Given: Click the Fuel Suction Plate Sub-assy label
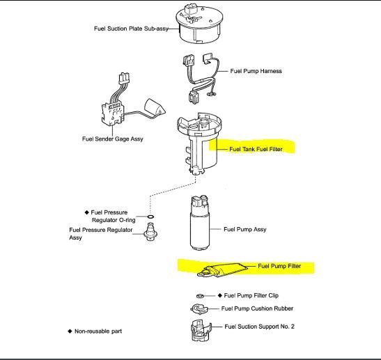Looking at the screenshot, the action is point(131,29).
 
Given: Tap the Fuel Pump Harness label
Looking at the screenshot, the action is point(256,71).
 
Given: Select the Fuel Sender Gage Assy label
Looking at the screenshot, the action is point(113,139).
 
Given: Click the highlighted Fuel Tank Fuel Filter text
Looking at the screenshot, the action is point(256,149).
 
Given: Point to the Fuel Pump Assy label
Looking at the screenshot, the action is point(245,229).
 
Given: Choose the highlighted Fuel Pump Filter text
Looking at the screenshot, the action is point(279,266).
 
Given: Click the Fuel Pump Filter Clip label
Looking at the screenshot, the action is point(251,295).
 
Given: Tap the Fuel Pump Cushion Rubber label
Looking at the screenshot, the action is point(257,308).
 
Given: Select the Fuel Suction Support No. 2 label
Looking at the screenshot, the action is point(259,327).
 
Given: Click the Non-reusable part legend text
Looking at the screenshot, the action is point(98,331).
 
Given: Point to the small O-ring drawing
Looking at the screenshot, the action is point(150,217).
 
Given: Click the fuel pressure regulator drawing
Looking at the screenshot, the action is point(150,232).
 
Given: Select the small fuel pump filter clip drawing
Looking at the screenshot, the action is point(200,296).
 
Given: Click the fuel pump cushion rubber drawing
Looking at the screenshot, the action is point(199,309).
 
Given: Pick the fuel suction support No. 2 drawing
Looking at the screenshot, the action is point(201,331).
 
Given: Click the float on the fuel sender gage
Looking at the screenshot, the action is point(155,108).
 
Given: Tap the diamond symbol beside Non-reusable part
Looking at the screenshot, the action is point(70,331).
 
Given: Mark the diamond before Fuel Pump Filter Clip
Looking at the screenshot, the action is point(220,295).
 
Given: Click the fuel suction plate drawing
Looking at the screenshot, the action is point(199,24).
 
